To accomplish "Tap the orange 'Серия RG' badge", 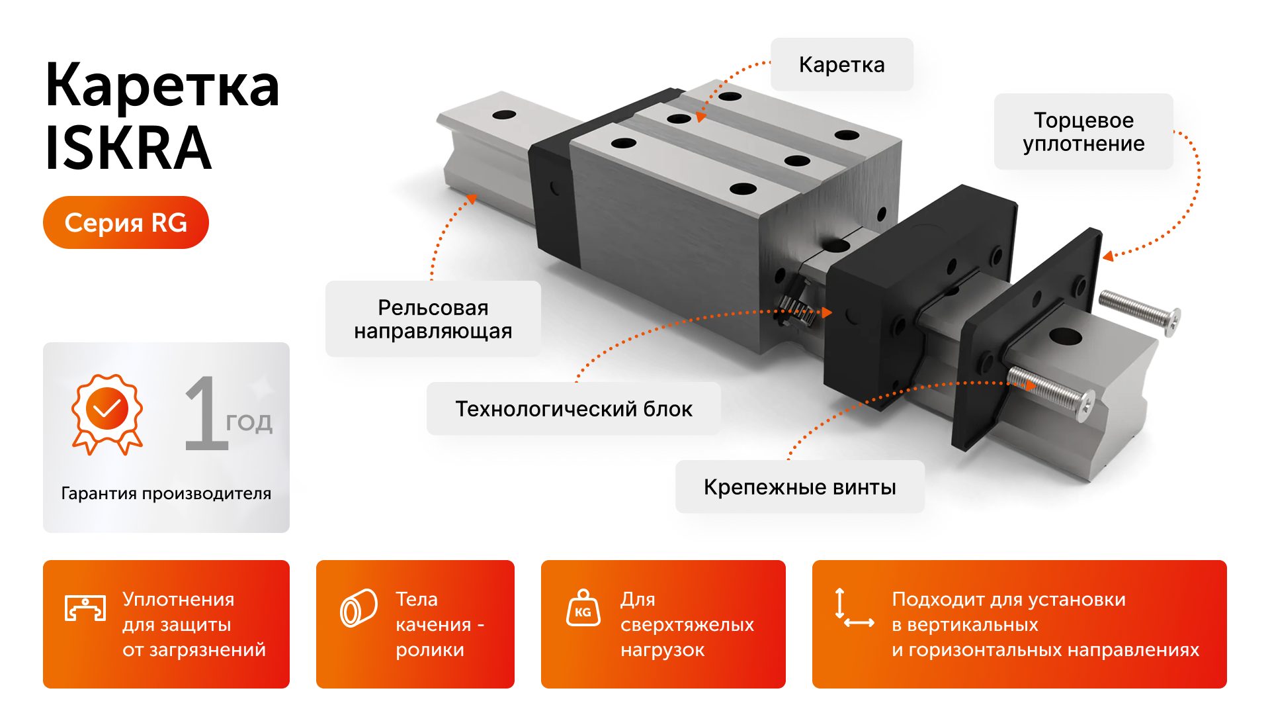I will coord(126,222).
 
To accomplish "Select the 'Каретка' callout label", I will coord(841,65).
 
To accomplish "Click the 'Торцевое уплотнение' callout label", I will coord(1083,132).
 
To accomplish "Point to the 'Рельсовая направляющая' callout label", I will coord(433,319).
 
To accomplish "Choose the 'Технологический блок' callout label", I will coord(573,408).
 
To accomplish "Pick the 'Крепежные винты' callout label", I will coord(799,487).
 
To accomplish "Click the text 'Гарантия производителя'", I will coord(166,493).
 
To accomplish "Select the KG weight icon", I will coord(583,608).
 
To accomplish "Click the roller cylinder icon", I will coord(359,608).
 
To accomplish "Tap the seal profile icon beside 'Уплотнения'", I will coord(85,608).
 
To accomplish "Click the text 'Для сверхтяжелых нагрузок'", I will coord(687,624).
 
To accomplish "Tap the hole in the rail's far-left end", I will coord(504,115).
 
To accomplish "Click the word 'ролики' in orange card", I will coord(430,650).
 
